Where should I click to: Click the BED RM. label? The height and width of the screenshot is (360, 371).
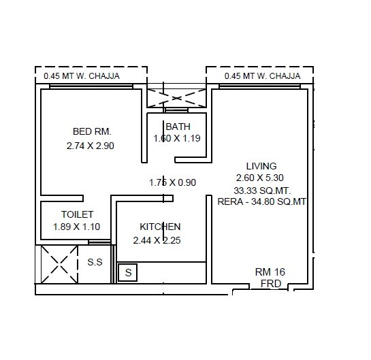pos(92,131)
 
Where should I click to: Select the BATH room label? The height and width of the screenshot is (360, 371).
pos(178,127)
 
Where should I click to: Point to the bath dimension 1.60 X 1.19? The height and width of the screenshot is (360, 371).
pos(178,138)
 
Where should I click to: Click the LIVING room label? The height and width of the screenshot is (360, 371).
pos(261,166)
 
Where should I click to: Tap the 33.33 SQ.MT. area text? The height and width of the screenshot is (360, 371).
pos(261,190)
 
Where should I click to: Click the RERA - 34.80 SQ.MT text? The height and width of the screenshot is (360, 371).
pos(262,201)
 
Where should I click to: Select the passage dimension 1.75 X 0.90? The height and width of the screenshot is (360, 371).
pos(172,182)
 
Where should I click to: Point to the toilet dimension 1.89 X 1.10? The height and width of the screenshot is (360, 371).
pos(76,227)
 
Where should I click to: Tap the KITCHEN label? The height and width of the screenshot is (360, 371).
pos(160,227)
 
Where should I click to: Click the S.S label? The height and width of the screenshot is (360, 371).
pos(95,262)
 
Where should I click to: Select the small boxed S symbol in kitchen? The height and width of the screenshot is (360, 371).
pos(127,274)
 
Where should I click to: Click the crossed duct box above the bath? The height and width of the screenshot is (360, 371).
pos(176,95)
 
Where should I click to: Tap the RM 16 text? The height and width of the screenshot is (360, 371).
pos(270,272)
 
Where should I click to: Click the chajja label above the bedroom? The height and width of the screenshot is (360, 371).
pos(81,76)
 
